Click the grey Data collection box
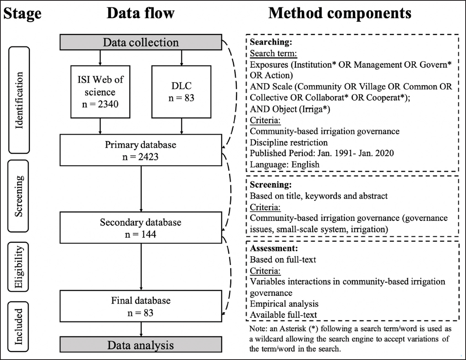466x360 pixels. (x=141, y=42)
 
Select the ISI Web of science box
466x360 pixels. (x=101, y=92)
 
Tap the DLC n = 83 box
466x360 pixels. (x=181, y=92)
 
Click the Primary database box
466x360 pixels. (x=141, y=150)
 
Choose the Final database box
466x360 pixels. (x=141, y=306)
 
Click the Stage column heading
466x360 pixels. (x=22, y=14)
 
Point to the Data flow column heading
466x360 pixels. (x=141, y=14)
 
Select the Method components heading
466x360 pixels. (x=340, y=14)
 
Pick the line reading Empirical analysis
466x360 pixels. (x=284, y=304)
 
